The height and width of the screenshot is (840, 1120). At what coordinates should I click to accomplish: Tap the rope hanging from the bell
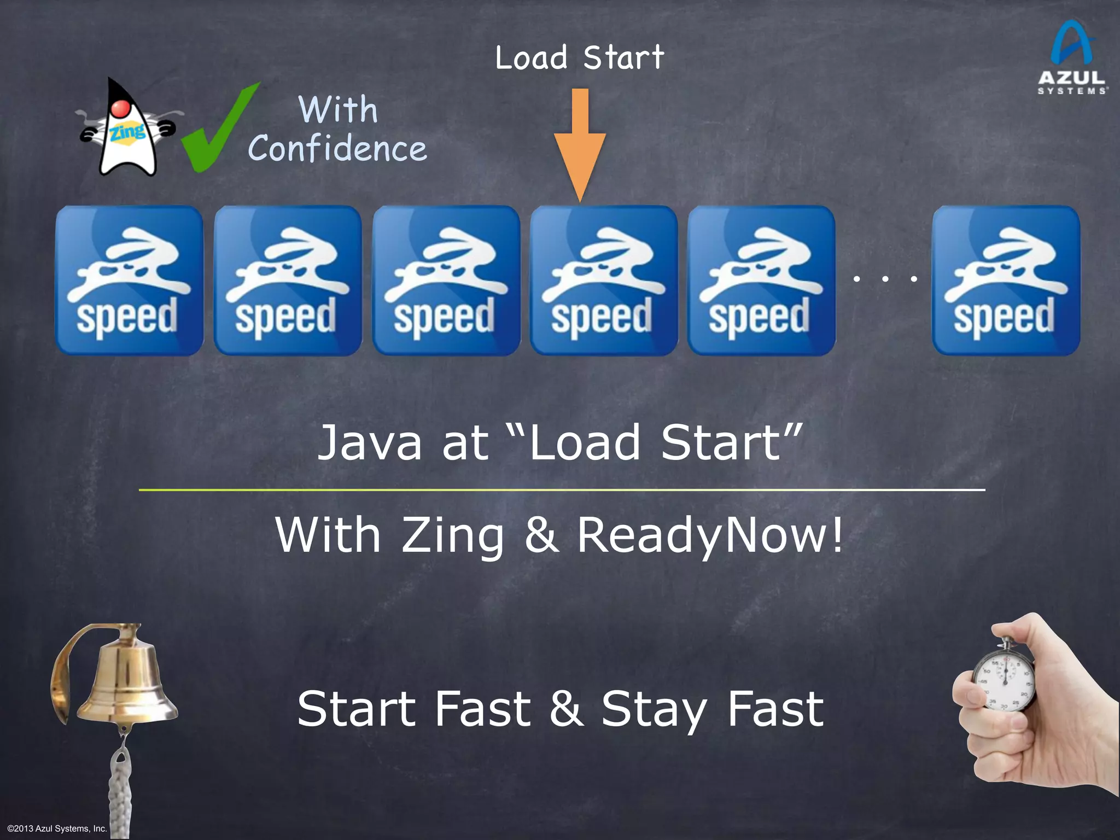(x=120, y=787)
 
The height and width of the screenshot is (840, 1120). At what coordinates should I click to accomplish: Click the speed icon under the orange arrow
(x=604, y=281)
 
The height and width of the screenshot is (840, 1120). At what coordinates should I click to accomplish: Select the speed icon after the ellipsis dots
(x=1006, y=281)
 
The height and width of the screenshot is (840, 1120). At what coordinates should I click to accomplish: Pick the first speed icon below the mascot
(x=129, y=281)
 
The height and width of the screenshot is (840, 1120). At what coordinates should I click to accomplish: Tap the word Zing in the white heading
(x=453, y=536)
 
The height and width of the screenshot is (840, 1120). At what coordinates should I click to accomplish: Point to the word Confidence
(x=337, y=149)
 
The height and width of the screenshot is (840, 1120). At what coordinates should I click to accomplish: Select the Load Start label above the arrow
(x=580, y=58)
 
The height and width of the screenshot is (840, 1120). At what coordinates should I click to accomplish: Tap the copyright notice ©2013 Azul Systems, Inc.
(x=57, y=829)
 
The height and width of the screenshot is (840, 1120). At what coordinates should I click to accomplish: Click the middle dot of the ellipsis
(x=885, y=279)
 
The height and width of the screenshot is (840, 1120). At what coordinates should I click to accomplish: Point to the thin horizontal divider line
(x=562, y=490)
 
